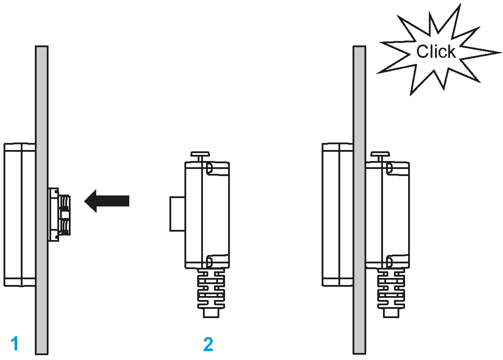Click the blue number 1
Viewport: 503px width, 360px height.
click(15, 343)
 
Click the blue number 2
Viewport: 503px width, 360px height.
click(208, 344)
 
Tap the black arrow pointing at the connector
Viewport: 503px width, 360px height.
click(107, 201)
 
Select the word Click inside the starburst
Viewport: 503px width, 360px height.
click(435, 52)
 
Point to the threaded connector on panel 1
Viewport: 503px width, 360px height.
click(62, 214)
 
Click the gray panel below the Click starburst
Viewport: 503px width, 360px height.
click(359, 110)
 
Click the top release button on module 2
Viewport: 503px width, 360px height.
click(201, 156)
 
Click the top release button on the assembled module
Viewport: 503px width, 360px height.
click(380, 156)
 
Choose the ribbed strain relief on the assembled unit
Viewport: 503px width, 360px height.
click(390, 289)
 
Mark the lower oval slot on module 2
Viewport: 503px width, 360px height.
click(210, 262)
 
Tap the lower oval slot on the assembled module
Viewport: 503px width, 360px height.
click(389, 262)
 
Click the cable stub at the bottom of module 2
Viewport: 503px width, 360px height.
click(211, 313)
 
